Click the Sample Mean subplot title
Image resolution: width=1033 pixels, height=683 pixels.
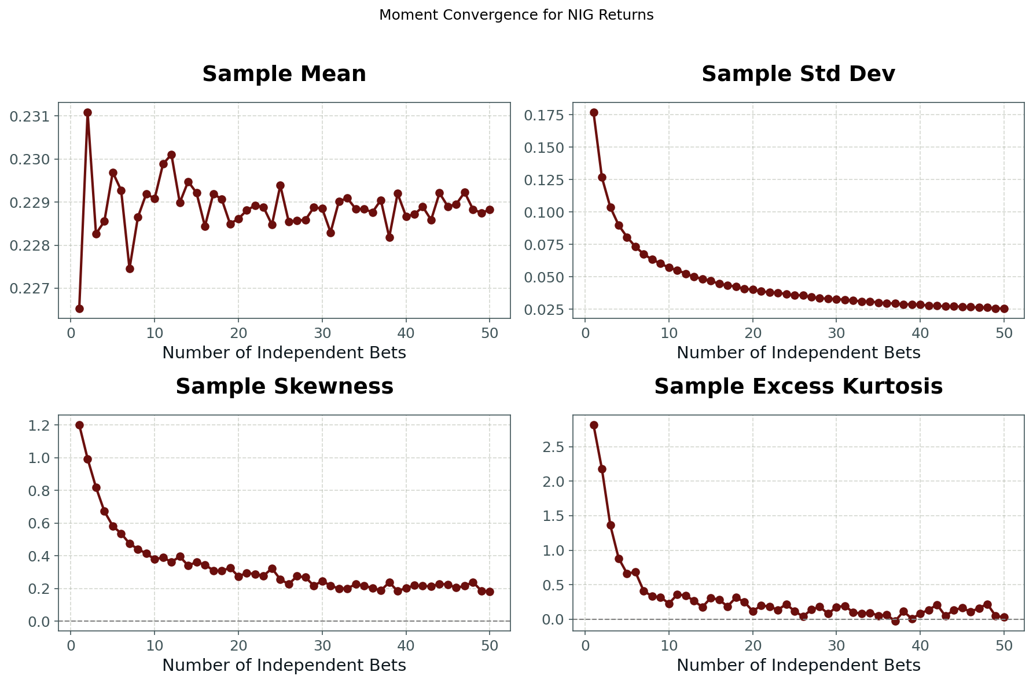point(284,75)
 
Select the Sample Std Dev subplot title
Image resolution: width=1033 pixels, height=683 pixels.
point(798,75)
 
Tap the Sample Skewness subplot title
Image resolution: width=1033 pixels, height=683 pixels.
point(284,387)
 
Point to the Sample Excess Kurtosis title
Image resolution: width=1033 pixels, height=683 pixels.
point(798,387)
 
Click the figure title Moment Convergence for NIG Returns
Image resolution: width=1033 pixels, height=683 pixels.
point(516,15)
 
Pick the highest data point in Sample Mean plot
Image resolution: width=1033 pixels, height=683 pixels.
point(87,112)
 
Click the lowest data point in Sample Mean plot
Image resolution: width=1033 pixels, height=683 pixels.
point(79,309)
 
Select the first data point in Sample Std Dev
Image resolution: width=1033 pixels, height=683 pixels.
point(594,112)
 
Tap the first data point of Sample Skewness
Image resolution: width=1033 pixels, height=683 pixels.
point(79,425)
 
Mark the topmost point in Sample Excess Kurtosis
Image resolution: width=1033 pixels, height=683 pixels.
point(594,425)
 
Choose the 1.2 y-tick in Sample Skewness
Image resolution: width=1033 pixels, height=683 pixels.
point(41,425)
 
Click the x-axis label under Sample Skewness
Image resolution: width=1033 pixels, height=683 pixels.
point(284,666)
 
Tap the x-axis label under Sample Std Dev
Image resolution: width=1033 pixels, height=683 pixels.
point(798,353)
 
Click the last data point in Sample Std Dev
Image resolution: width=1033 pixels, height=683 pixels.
point(1004,309)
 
